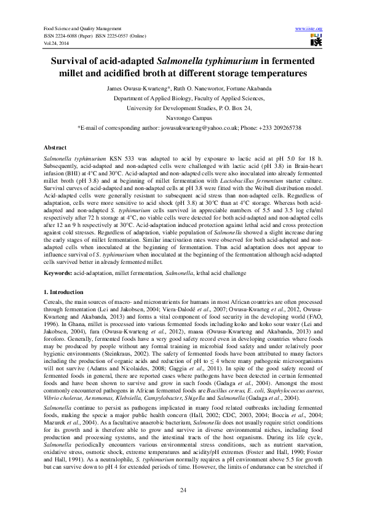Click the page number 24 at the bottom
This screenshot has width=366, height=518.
pyautogui.click(x=183, y=489)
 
